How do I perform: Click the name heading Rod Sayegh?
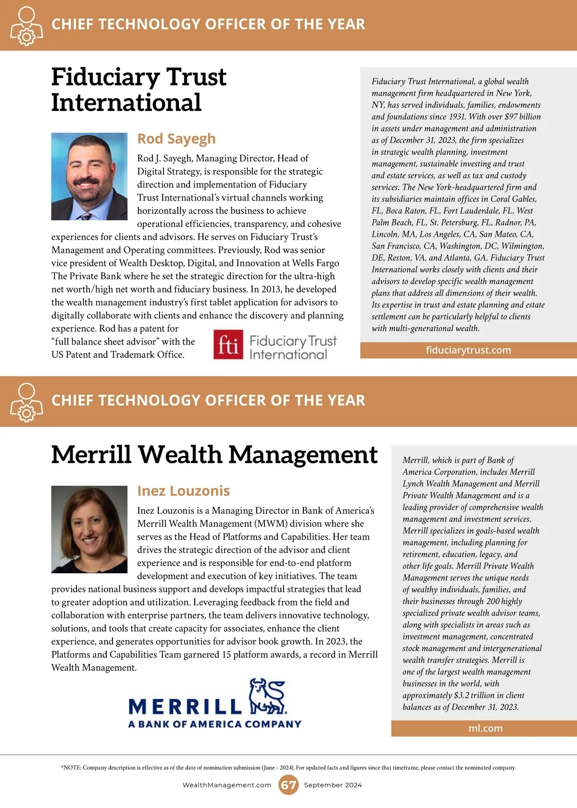tap(176, 139)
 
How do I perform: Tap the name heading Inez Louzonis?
tap(183, 491)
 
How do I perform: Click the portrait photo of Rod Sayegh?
tap(89, 177)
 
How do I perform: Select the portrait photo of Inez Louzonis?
tap(89, 529)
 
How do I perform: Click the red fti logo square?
tap(228, 344)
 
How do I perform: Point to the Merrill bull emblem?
tap(267, 696)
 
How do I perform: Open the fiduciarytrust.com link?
tap(468, 350)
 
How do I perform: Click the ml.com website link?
tap(485, 729)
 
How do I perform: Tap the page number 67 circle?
tap(288, 785)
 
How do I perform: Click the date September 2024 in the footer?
tap(333, 785)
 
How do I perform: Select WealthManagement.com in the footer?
tap(227, 785)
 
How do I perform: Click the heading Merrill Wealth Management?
tap(214, 454)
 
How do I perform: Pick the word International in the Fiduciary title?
tap(126, 102)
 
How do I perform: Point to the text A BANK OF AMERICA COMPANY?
tap(214, 724)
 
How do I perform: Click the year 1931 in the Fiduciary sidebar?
tap(457, 117)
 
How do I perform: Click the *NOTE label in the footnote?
tap(71, 768)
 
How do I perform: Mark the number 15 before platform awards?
tap(226, 655)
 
